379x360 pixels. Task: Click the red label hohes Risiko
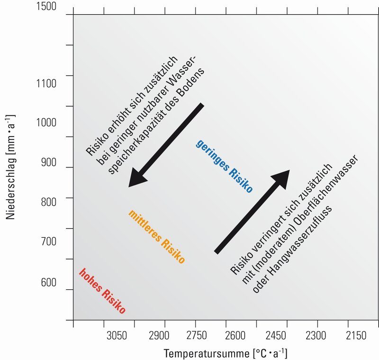[102, 291]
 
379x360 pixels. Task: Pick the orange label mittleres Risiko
[156, 236]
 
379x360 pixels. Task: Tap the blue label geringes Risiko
[224, 166]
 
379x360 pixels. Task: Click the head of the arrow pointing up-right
[281, 176]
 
